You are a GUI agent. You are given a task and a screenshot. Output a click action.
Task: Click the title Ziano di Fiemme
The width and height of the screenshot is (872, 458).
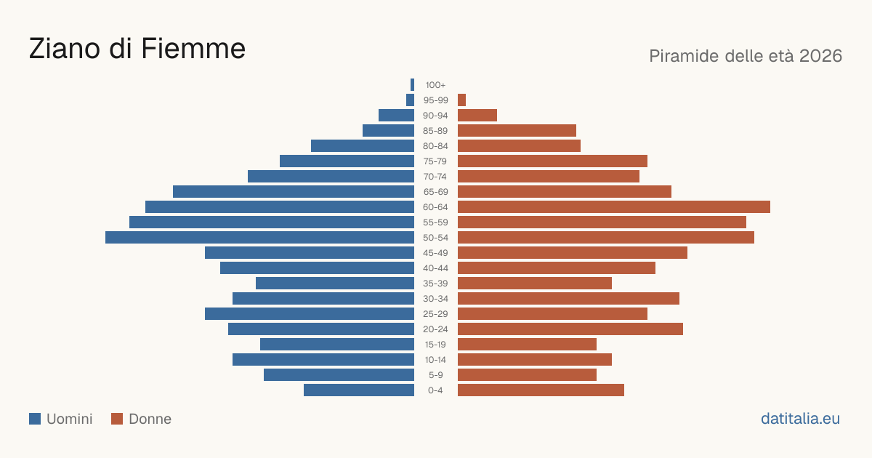[x=137, y=49]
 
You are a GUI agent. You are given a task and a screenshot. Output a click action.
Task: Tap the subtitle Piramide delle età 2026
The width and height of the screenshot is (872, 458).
[x=746, y=56]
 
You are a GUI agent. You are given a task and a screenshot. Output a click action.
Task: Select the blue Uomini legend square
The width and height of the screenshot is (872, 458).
[x=35, y=419]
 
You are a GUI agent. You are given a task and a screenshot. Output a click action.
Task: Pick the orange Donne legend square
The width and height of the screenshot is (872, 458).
[x=117, y=419]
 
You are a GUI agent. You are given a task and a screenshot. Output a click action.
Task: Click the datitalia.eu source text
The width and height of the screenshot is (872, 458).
[x=800, y=419]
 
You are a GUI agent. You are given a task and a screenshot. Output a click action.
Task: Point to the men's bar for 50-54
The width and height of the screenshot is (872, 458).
[x=259, y=238]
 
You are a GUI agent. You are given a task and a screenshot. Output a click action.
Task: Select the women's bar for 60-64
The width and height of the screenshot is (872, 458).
[x=614, y=206]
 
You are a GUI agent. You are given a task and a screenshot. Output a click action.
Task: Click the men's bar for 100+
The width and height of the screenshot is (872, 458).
[x=412, y=85]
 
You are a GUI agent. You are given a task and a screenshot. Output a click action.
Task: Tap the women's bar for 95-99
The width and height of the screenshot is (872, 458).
[x=461, y=100]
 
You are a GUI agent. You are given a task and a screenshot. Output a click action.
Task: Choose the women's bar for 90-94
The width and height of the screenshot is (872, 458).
[x=477, y=116]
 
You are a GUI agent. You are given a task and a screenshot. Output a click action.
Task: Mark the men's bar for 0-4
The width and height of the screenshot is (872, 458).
[x=359, y=390]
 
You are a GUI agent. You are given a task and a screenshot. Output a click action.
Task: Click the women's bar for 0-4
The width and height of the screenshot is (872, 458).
[x=541, y=390]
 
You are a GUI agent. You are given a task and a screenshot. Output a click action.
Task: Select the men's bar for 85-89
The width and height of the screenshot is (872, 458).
[x=389, y=130]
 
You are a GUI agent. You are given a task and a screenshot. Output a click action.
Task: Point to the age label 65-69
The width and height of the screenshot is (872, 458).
[x=435, y=192]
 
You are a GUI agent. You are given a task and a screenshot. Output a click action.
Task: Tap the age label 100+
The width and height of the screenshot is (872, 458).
[x=435, y=85]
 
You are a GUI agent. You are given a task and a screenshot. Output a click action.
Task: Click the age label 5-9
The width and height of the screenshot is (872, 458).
[x=435, y=375]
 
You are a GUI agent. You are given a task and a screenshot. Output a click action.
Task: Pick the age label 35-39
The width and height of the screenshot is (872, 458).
[x=435, y=284]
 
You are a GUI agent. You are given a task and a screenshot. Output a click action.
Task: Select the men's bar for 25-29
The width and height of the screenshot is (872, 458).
[x=310, y=314]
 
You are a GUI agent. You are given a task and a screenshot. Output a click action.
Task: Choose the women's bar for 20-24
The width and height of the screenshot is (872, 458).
[x=570, y=329]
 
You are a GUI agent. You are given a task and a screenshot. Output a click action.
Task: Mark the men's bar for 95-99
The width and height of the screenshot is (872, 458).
[x=411, y=100]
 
